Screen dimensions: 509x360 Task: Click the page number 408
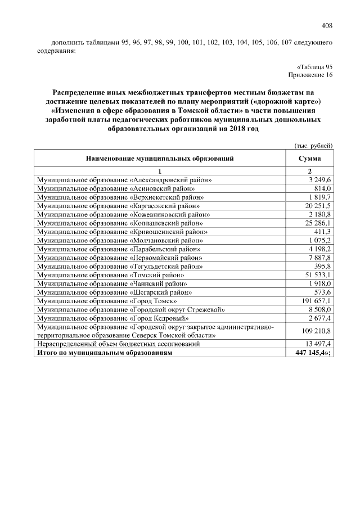(327, 25)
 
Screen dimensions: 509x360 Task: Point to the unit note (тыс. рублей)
(314, 145)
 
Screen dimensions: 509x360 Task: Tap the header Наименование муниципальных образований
(160, 159)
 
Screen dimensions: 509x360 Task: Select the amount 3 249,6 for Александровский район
(319, 179)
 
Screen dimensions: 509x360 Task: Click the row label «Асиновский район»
(120, 188)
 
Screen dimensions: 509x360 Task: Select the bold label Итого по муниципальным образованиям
(104, 353)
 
